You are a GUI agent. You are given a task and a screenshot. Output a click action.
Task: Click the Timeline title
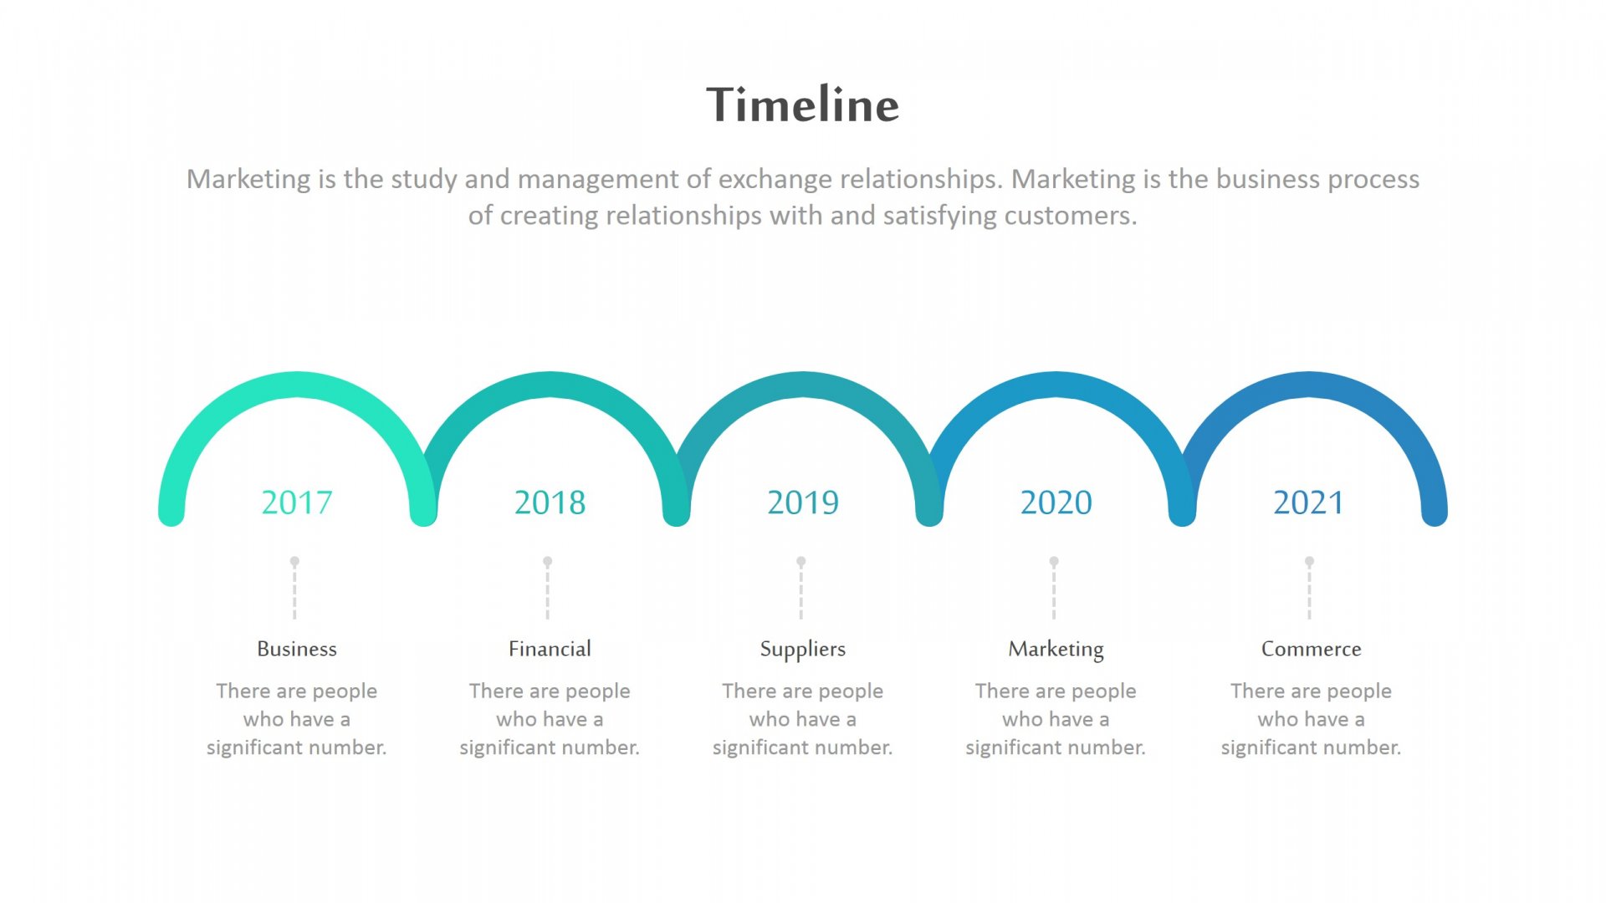[803, 105]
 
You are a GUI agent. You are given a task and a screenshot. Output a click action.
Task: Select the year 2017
[297, 503]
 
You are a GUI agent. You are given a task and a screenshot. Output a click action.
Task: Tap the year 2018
[550, 503]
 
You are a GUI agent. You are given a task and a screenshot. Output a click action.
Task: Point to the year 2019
[803, 503]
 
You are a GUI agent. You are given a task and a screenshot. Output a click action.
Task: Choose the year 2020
[1056, 503]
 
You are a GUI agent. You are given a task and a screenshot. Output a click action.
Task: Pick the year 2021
[1309, 503]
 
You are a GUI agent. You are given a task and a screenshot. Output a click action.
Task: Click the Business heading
[297, 649]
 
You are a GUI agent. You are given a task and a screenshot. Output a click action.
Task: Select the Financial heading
[550, 649]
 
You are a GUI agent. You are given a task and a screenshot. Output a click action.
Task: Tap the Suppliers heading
[803, 650]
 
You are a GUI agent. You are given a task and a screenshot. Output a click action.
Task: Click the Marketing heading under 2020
[1056, 650]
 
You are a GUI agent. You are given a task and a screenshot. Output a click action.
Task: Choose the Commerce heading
[1311, 649]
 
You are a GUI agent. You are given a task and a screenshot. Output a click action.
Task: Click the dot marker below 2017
[294, 561]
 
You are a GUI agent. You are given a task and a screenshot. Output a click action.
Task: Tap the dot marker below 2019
[800, 561]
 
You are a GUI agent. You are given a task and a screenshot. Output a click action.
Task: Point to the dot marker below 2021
[1309, 561]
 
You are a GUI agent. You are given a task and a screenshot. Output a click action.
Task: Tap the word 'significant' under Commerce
[1269, 747]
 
